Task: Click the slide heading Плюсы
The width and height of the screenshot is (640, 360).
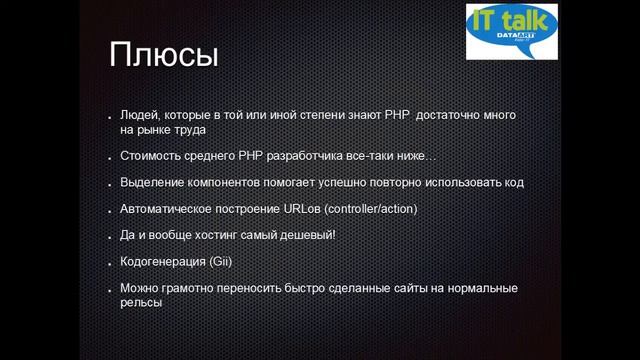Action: click(x=163, y=56)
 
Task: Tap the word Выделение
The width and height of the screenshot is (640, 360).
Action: click(x=152, y=184)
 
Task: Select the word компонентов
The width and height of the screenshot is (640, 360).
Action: click(x=229, y=184)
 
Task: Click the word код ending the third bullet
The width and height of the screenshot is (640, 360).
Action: click(x=513, y=184)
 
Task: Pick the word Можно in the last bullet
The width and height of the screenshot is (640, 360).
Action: click(x=140, y=289)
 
